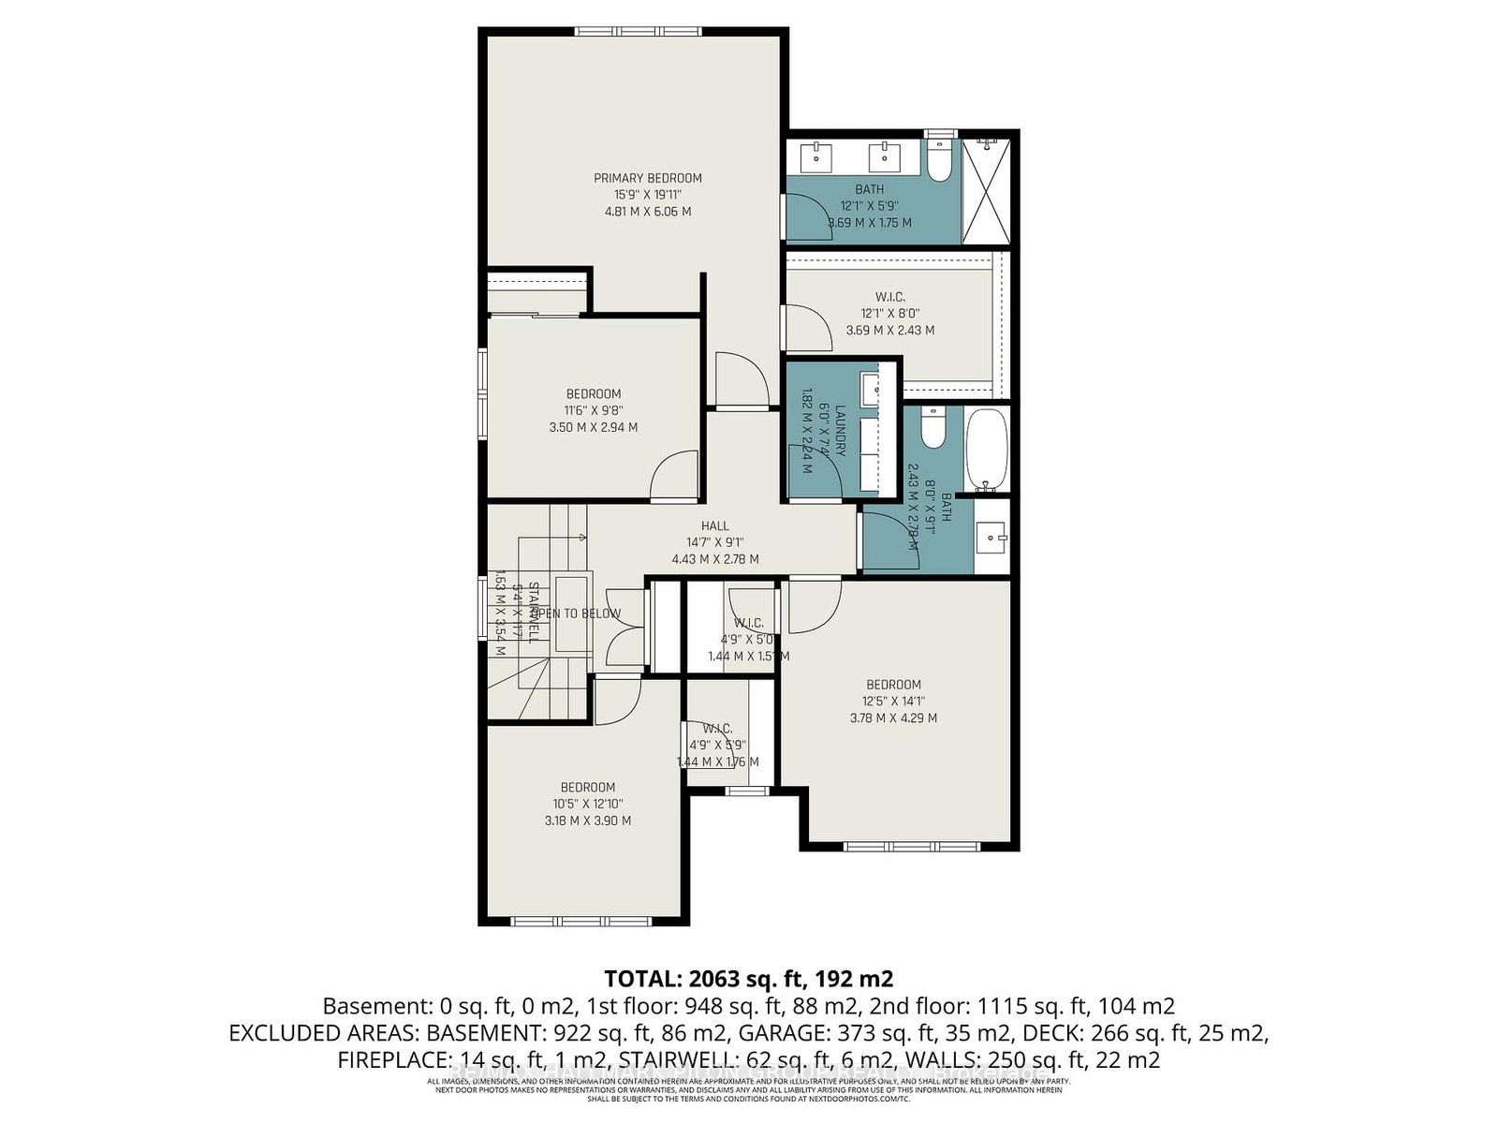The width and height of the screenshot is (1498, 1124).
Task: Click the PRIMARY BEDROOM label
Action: tap(648, 178)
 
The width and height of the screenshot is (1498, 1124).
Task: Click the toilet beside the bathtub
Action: tap(933, 427)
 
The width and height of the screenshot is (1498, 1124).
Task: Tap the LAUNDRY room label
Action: tap(840, 432)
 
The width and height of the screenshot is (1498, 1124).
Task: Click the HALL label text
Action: tap(714, 525)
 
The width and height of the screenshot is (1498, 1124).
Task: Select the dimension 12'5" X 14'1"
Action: tap(893, 701)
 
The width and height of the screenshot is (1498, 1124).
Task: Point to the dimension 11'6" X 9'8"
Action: tap(593, 410)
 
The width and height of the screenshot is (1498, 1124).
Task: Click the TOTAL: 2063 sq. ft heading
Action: tap(748, 979)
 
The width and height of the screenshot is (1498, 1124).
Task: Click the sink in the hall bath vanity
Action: tap(991, 539)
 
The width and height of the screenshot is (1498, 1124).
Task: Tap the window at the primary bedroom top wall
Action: tap(638, 32)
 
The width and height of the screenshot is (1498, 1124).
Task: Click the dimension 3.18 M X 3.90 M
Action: tap(587, 821)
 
